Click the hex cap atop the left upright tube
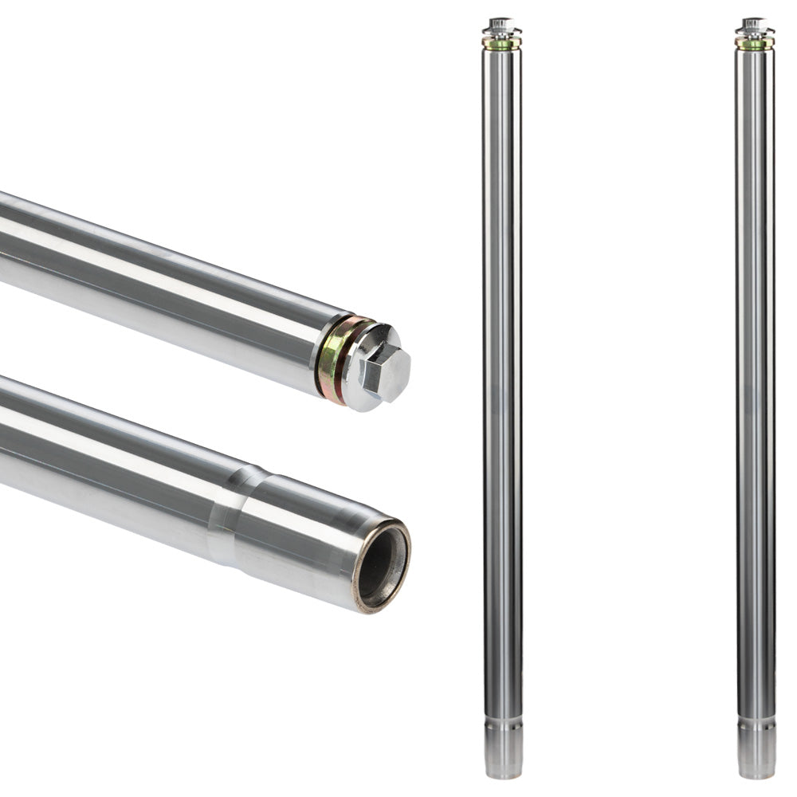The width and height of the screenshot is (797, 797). coord(501,25)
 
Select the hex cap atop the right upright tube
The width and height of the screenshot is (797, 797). coord(755,25)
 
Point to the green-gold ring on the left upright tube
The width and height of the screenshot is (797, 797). coord(501,45)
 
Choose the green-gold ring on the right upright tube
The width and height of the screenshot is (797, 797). coord(755,45)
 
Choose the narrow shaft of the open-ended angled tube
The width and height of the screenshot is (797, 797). coord(104,454)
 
